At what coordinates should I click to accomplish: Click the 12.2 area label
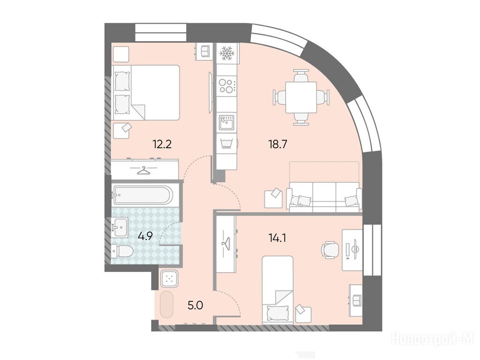162,143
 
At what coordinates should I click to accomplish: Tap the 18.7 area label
277,144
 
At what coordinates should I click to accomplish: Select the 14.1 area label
277,238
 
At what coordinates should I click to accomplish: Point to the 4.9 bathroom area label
145,236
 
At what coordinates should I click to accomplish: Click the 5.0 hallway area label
195,305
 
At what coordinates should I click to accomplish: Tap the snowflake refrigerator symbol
227,53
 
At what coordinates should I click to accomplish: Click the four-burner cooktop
227,86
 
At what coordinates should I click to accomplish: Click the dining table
301,97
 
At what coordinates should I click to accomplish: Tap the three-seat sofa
324,197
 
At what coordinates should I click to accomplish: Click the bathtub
142,195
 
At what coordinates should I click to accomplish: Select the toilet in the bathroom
122,251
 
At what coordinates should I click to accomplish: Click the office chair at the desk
330,250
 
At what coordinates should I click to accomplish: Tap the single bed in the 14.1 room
277,290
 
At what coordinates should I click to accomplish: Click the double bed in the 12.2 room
146,92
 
